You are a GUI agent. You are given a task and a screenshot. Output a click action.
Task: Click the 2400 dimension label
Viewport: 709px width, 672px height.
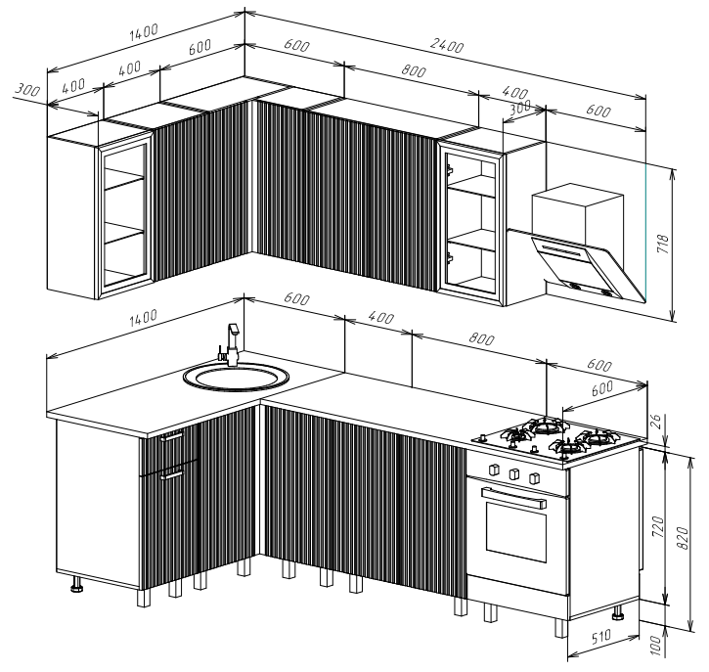(x=447, y=45)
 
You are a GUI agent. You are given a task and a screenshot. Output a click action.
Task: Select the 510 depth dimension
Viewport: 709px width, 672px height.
(x=600, y=637)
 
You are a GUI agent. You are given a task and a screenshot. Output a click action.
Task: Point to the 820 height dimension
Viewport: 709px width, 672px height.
(x=684, y=538)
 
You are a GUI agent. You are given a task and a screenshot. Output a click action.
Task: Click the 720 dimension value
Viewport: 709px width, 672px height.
(x=658, y=526)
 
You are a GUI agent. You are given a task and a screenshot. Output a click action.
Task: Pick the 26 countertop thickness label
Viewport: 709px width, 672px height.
(x=655, y=422)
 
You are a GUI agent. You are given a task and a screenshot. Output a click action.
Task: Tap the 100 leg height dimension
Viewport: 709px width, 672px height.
(x=655, y=646)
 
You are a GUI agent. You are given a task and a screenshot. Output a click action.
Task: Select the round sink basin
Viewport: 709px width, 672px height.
(x=236, y=377)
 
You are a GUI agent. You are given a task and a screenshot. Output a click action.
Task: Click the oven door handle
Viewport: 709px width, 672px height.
(x=513, y=498)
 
